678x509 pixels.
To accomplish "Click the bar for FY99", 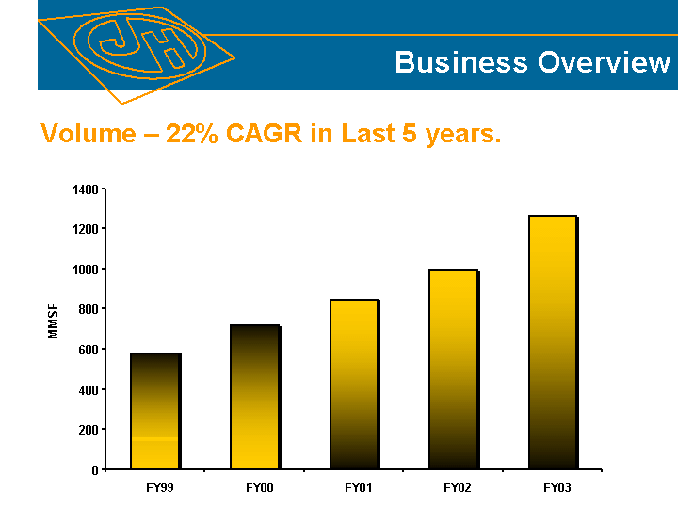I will click(x=154, y=411).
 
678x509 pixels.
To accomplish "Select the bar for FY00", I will click(x=254, y=397).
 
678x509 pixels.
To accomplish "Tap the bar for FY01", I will click(x=354, y=384).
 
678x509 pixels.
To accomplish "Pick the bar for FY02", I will click(x=453, y=369).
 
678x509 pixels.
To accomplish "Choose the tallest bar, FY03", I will click(x=552, y=341).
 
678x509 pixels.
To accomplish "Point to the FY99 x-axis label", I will click(x=160, y=487).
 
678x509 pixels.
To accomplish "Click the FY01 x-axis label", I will click(x=359, y=487).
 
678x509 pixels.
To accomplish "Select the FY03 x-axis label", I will click(x=557, y=487).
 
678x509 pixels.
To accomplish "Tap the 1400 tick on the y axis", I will click(x=85, y=189).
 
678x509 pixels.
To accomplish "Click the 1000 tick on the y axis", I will click(x=85, y=270).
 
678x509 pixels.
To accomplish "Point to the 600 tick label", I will click(x=88, y=350).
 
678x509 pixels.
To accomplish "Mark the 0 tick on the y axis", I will click(x=95, y=469).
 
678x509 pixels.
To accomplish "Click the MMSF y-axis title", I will click(x=54, y=320).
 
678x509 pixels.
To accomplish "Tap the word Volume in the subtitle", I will click(x=89, y=134).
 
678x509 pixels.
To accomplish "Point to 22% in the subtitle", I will click(x=190, y=134).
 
